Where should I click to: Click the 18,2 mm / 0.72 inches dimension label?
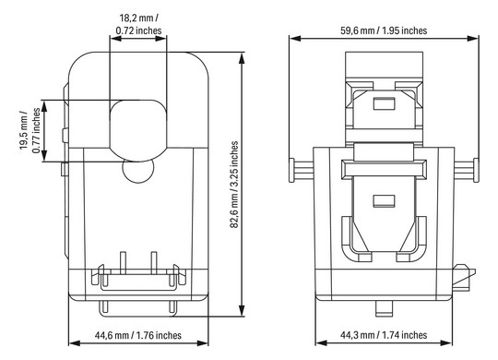point(137,24)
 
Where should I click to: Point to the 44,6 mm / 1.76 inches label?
point(138,335)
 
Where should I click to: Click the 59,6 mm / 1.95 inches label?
point(382,30)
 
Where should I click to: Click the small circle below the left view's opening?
point(138,173)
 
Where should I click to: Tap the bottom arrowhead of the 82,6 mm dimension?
point(243,311)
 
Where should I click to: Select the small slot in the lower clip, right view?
point(381,200)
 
